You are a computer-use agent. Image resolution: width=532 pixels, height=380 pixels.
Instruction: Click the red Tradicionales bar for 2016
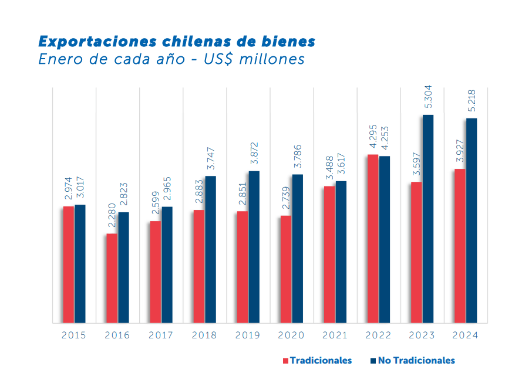click(x=112, y=278)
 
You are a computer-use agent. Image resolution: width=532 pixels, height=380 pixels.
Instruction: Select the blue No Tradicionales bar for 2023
click(x=428, y=218)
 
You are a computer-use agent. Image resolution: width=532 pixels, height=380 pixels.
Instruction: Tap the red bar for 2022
click(x=373, y=238)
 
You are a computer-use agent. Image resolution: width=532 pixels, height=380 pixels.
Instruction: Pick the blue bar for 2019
click(x=254, y=246)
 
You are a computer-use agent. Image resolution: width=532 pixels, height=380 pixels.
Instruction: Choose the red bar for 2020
click(x=285, y=269)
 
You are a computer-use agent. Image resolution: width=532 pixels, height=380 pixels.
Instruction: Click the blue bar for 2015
click(x=80, y=263)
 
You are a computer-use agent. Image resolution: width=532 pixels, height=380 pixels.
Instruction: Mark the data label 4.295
click(x=373, y=137)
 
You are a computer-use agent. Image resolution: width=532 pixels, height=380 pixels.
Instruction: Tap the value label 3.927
click(x=460, y=151)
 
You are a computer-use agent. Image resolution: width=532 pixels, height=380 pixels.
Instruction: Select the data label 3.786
click(x=298, y=157)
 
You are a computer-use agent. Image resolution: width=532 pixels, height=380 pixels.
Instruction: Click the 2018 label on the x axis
click(x=204, y=335)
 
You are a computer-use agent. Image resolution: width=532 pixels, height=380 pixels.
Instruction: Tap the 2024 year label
click(x=465, y=335)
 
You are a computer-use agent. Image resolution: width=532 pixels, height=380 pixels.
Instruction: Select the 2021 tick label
click(x=335, y=335)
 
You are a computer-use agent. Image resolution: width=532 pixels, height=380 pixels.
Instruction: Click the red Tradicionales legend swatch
click(x=285, y=361)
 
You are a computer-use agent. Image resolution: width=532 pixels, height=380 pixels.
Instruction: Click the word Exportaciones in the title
click(x=90, y=41)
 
